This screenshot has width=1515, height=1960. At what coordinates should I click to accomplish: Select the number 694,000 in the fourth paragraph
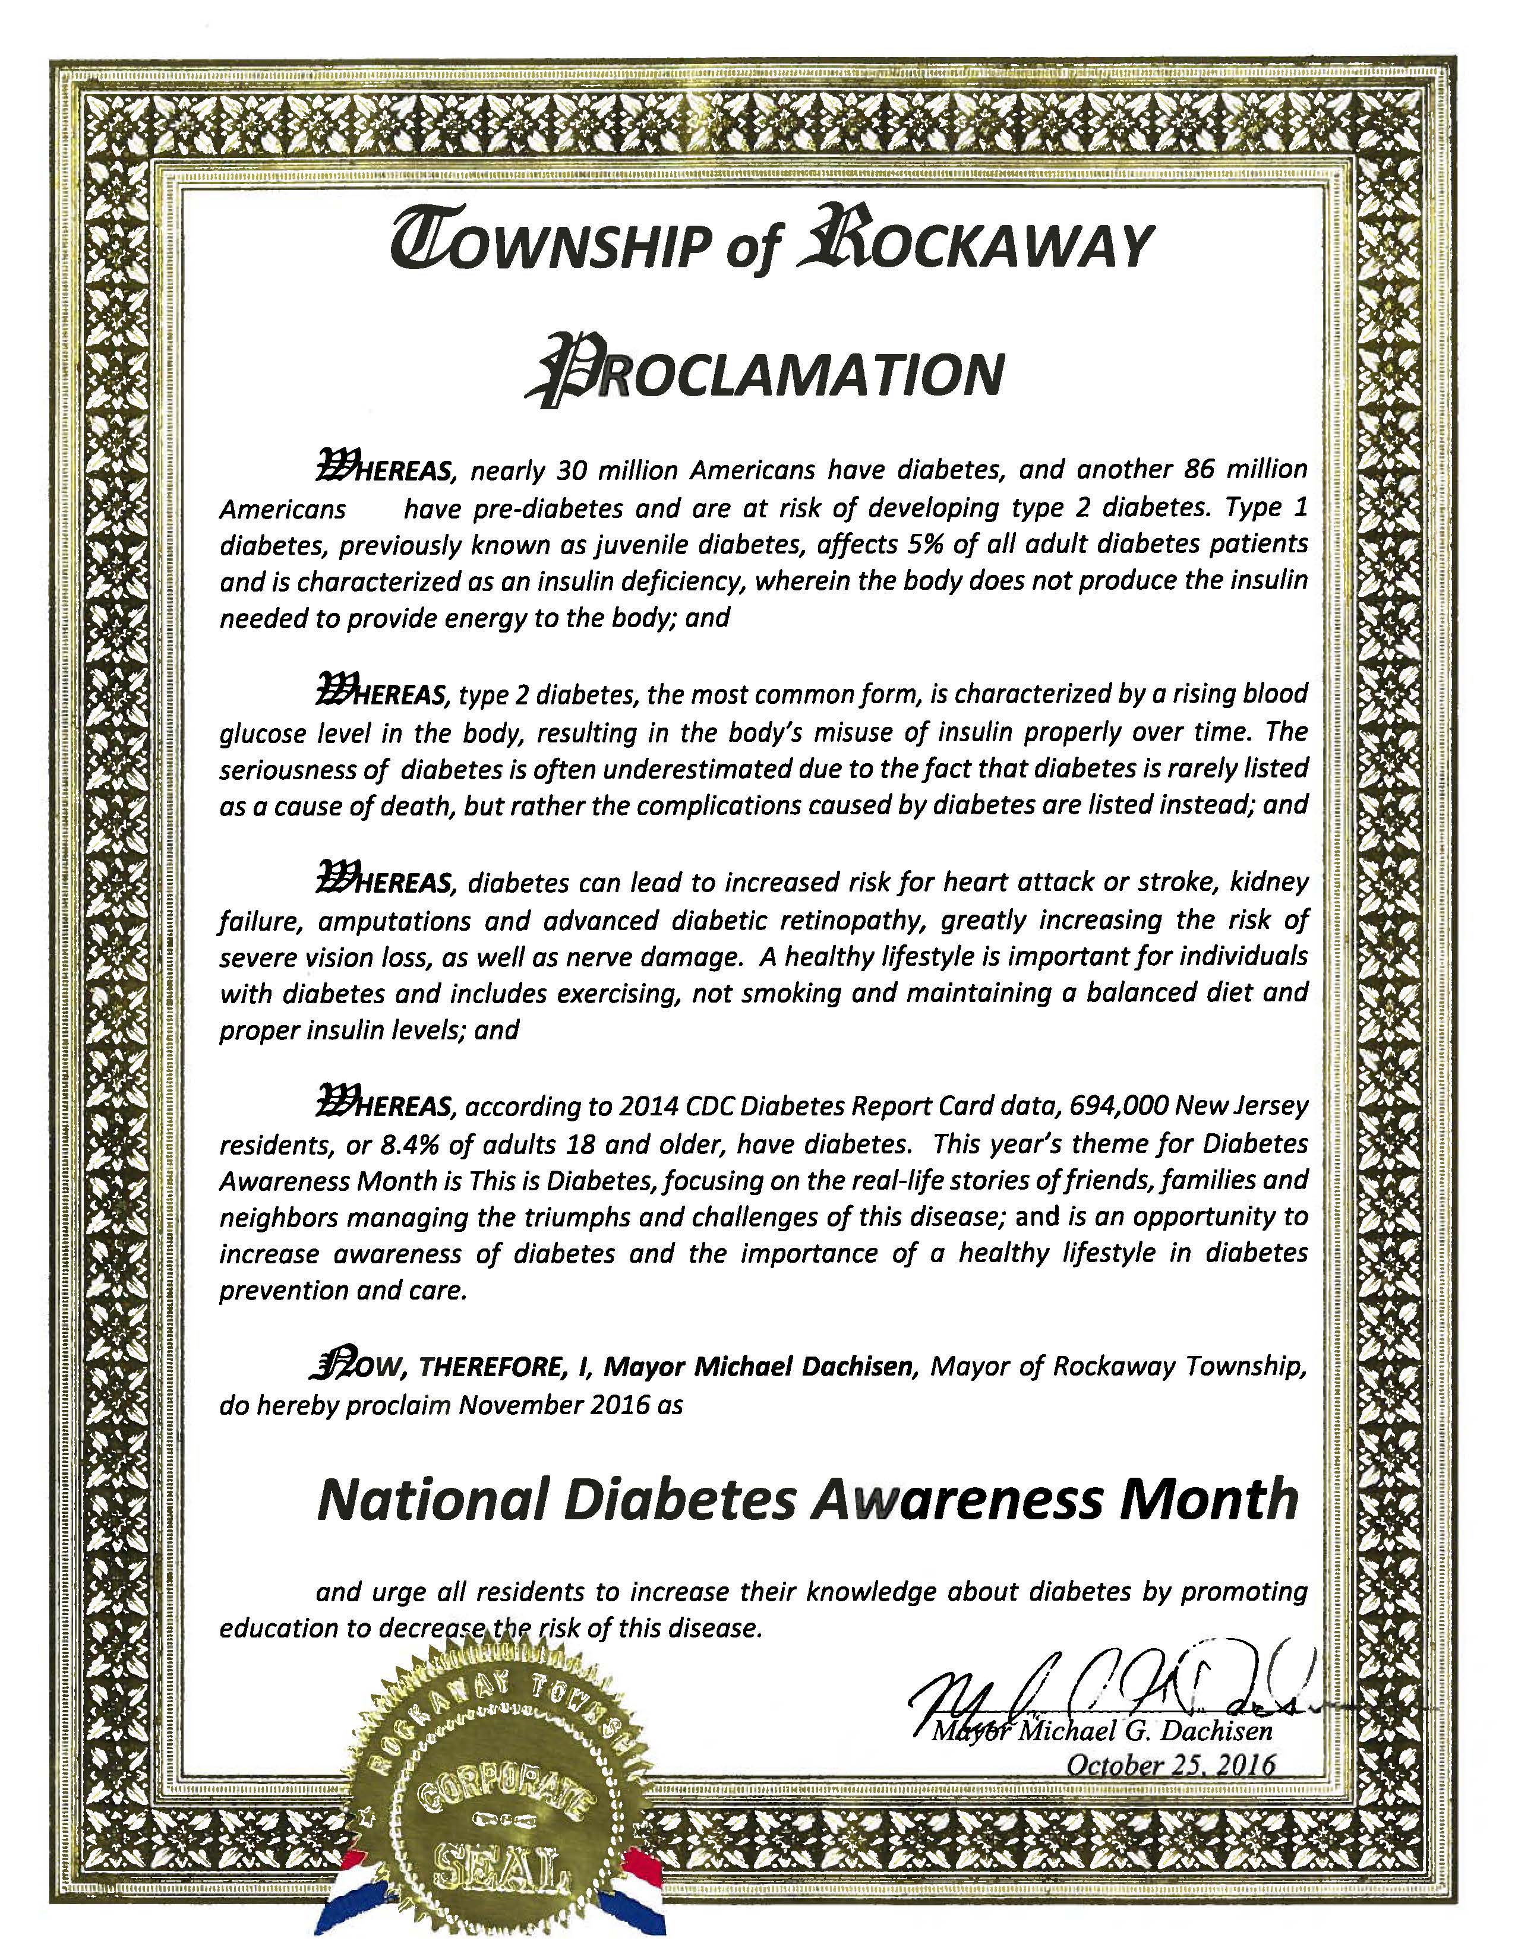click(1119, 1107)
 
